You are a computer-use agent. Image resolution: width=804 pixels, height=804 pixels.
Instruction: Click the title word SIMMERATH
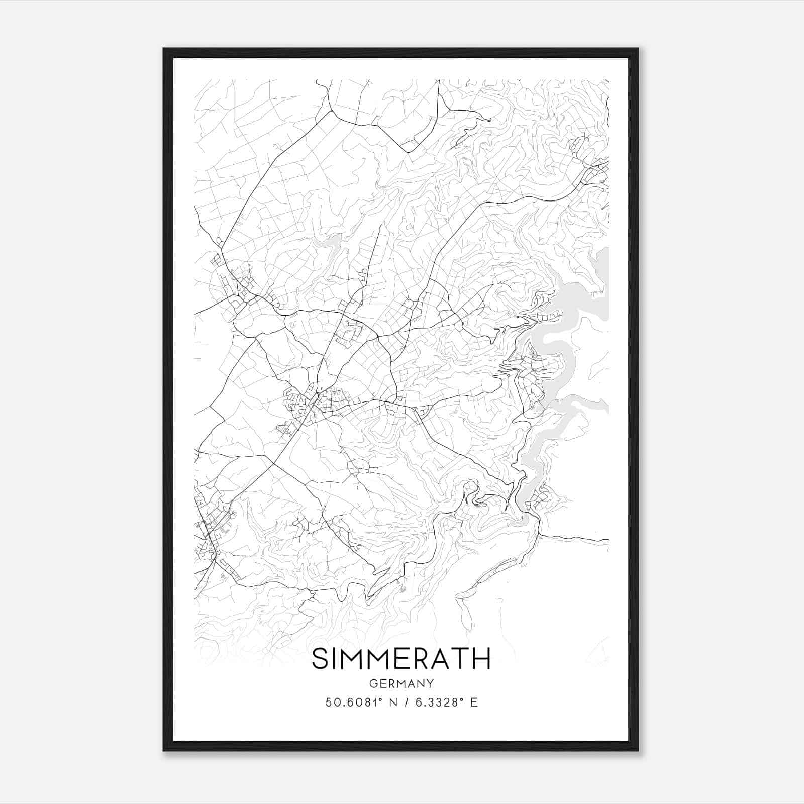401,659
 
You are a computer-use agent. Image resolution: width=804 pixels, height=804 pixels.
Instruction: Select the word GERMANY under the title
401,683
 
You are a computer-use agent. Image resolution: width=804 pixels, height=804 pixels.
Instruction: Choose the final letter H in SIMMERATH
481,659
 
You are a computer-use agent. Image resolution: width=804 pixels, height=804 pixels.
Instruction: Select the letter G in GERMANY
373,683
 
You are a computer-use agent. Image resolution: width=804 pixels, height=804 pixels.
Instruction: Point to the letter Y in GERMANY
430,683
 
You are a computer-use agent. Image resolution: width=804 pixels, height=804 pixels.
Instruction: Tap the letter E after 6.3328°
474,702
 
